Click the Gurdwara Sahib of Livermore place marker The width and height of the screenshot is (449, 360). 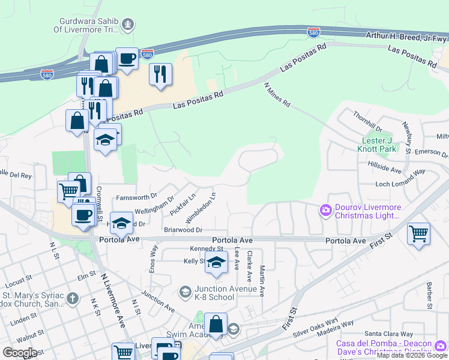[127, 24]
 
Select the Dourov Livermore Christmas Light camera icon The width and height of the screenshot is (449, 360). [325, 209]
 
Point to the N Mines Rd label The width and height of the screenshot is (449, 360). [277, 95]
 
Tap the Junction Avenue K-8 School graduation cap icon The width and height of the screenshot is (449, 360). [185, 292]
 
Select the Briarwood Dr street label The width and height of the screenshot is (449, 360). [184, 230]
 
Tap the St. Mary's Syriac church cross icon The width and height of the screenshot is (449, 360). [72, 298]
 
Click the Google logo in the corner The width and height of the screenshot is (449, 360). [20, 353]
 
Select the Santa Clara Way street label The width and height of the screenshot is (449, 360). [389, 334]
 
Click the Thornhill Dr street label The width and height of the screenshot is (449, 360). [368, 121]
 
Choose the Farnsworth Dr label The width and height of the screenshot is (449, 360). [136, 196]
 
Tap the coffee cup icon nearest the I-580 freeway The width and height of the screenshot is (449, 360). [127, 58]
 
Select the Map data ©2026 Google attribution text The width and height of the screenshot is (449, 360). [412, 355]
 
